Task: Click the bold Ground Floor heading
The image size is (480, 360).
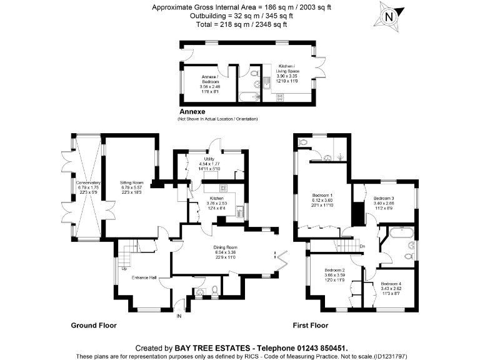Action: (x=94, y=326)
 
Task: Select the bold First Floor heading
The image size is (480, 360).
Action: (x=311, y=326)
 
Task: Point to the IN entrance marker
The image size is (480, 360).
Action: (x=179, y=316)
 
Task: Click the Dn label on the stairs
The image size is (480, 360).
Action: (x=362, y=246)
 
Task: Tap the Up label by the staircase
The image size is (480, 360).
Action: (x=114, y=269)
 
